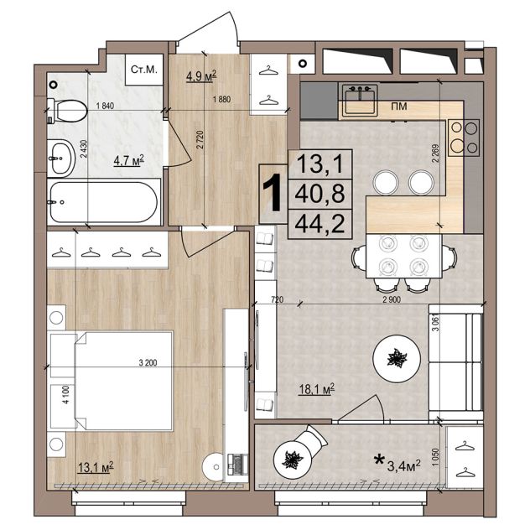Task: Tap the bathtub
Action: (104, 202)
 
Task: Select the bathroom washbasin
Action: (61, 158)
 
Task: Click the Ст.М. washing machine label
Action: (144, 70)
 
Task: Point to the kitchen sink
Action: (360, 101)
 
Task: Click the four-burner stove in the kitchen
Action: (464, 138)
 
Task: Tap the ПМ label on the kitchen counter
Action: (399, 107)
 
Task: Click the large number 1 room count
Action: (273, 193)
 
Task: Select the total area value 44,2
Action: (320, 224)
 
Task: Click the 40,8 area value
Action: (320, 194)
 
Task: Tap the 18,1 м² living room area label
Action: (317, 389)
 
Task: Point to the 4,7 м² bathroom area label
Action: (129, 160)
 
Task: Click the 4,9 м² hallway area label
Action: (201, 76)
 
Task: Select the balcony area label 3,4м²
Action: (403, 466)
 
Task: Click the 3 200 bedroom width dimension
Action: (148, 363)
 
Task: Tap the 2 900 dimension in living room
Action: (392, 299)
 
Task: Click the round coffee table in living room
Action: (397, 359)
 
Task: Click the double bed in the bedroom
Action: (112, 381)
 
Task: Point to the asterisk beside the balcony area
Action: (379, 460)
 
